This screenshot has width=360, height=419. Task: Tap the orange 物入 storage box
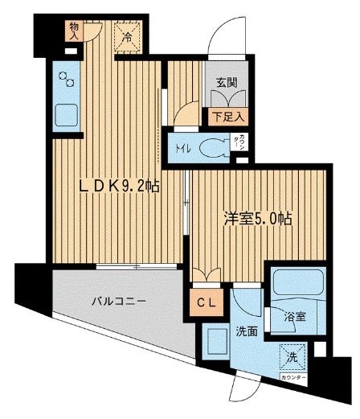click(74, 31)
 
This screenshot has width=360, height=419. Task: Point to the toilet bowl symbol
click(212, 148)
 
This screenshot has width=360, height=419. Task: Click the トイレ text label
click(182, 148)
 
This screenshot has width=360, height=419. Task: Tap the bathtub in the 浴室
click(293, 284)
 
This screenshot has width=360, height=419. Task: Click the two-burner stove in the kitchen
click(67, 80)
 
